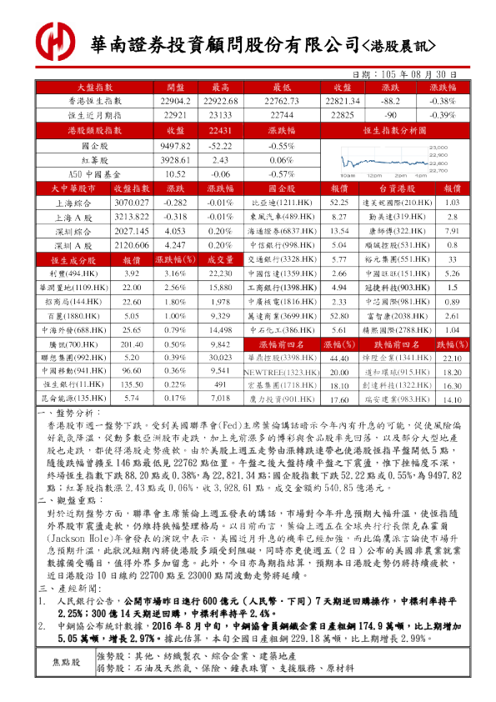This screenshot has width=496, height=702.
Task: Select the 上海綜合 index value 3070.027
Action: click(x=131, y=202)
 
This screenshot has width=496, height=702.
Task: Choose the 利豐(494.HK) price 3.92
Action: click(x=131, y=273)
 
